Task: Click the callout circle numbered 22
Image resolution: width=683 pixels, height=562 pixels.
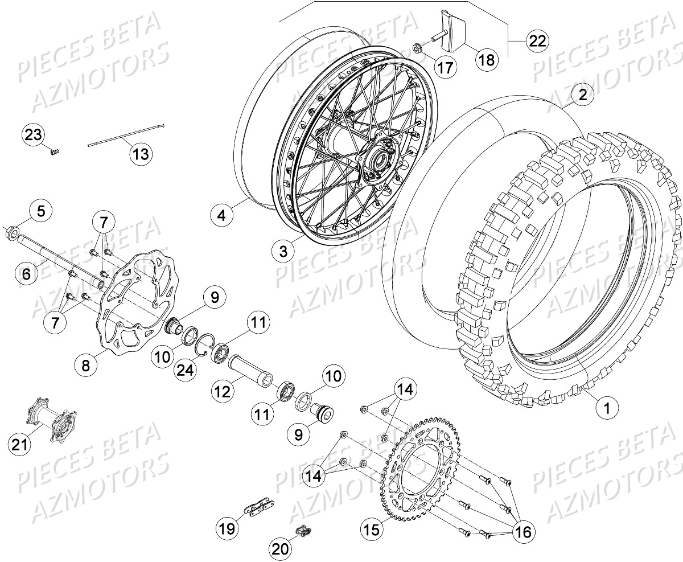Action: pyautogui.click(x=537, y=41)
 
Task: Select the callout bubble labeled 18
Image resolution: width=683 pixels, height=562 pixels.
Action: pyautogui.click(x=487, y=60)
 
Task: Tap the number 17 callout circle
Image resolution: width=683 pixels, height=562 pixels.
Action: pyautogui.click(x=446, y=67)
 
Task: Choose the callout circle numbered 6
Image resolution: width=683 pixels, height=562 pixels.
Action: pyautogui.click(x=26, y=274)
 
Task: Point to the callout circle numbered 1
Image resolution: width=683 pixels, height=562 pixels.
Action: pyautogui.click(x=607, y=408)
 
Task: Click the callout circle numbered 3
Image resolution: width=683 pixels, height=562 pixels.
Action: pyautogui.click(x=282, y=251)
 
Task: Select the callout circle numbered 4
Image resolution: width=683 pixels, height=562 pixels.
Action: pyautogui.click(x=222, y=216)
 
